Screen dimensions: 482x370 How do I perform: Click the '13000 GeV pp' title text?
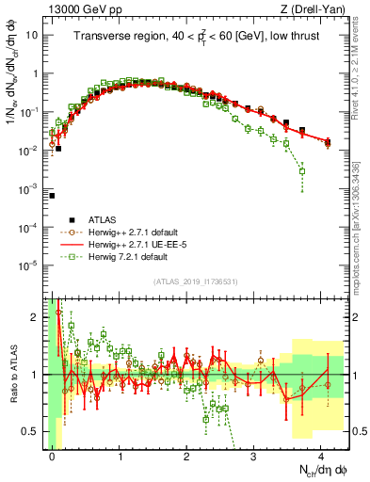tap(83, 9)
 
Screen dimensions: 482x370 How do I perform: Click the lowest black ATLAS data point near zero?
tap(53, 196)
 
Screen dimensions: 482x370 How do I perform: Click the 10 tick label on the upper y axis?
tap(32, 35)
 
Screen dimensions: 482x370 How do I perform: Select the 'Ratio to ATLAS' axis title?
tap(10, 374)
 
